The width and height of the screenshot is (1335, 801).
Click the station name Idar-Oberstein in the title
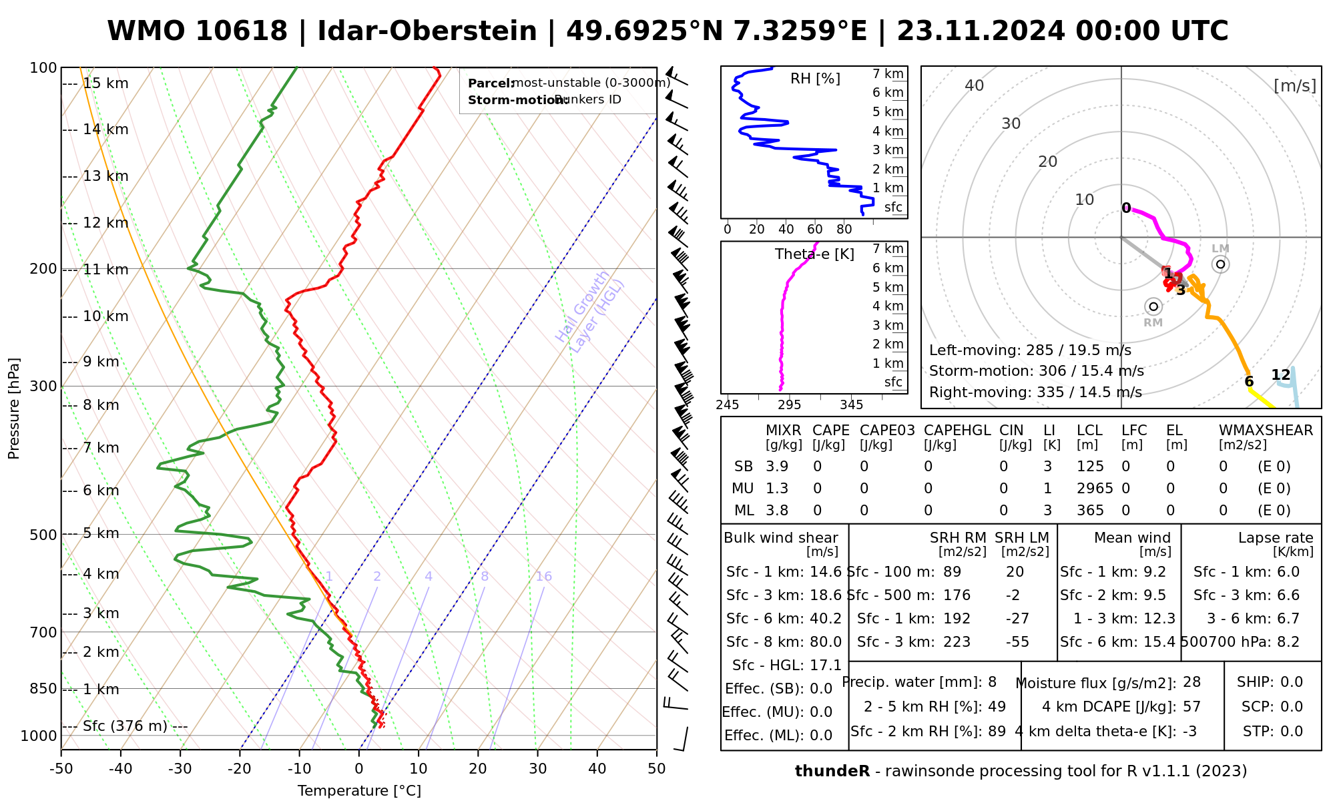click(427, 31)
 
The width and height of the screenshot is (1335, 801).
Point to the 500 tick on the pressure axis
click(44, 535)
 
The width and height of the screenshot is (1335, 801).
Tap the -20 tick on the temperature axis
click(240, 769)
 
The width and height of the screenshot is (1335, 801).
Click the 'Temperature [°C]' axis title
click(359, 791)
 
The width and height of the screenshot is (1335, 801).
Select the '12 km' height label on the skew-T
click(105, 223)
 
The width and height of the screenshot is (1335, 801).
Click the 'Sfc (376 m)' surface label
click(125, 726)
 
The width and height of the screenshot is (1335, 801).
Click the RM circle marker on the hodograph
click(1153, 306)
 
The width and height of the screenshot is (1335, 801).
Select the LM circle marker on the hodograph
click(1221, 264)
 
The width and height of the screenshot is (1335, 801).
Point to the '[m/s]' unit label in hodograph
click(1295, 86)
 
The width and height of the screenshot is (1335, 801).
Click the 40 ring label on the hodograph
click(975, 85)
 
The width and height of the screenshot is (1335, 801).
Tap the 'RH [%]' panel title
click(815, 79)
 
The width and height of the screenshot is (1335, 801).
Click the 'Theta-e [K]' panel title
click(814, 254)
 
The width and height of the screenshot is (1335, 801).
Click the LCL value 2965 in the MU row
click(1095, 489)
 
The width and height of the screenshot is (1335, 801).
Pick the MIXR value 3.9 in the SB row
click(777, 467)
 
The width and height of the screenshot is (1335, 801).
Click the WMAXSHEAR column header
click(1266, 431)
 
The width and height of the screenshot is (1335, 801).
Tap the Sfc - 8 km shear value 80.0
click(826, 642)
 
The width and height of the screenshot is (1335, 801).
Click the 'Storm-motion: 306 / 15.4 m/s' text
click(1036, 371)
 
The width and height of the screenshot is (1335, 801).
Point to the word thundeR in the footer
click(832, 772)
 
